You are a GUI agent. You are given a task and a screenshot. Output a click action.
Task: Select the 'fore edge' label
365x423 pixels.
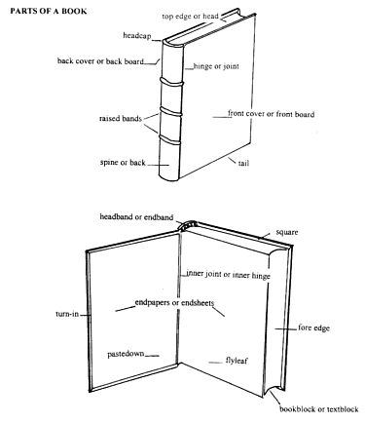click(307, 328)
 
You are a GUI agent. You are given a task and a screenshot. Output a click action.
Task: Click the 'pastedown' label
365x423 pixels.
click(126, 356)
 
